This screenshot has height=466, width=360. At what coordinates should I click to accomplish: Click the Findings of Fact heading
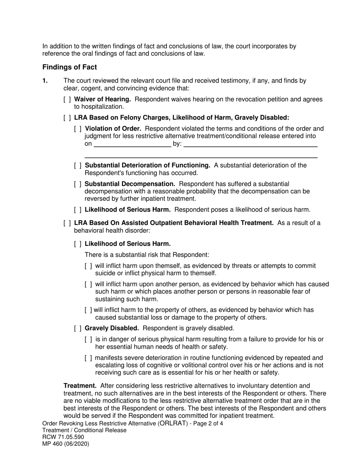[69, 67]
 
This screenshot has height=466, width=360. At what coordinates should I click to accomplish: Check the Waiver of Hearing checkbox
[67, 99]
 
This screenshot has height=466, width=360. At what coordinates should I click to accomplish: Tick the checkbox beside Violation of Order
[78, 128]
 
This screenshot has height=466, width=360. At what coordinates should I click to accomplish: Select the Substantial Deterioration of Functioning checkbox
[78, 165]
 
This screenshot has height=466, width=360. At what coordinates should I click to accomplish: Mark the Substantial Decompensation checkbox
[78, 184]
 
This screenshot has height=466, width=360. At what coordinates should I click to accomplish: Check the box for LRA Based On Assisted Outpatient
[67, 223]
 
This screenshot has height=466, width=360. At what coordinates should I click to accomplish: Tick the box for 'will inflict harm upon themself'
[88, 266]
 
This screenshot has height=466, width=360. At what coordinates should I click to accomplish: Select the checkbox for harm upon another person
[88, 284]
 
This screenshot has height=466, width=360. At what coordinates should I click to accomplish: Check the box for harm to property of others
[88, 310]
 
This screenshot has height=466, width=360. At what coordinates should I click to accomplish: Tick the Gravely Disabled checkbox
[78, 328]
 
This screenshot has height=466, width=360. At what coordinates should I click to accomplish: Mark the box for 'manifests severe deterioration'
[88, 358]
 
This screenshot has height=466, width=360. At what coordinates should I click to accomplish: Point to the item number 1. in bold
[45, 80]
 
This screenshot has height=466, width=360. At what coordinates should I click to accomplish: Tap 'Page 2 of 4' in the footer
[208, 424]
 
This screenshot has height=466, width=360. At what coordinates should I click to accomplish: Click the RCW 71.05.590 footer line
[63, 437]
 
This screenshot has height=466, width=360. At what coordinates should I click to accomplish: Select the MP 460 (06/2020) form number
[66, 444]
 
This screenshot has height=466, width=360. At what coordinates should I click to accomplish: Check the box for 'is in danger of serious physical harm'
[88, 339]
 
